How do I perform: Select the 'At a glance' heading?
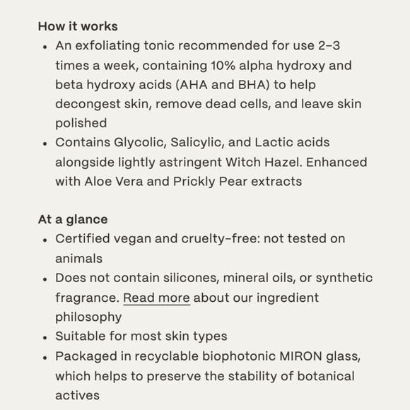click(x=73, y=220)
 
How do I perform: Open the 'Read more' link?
click(x=156, y=298)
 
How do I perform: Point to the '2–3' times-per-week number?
click(x=328, y=47)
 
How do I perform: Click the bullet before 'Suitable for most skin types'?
click(x=45, y=337)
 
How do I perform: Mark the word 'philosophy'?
click(x=88, y=317)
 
